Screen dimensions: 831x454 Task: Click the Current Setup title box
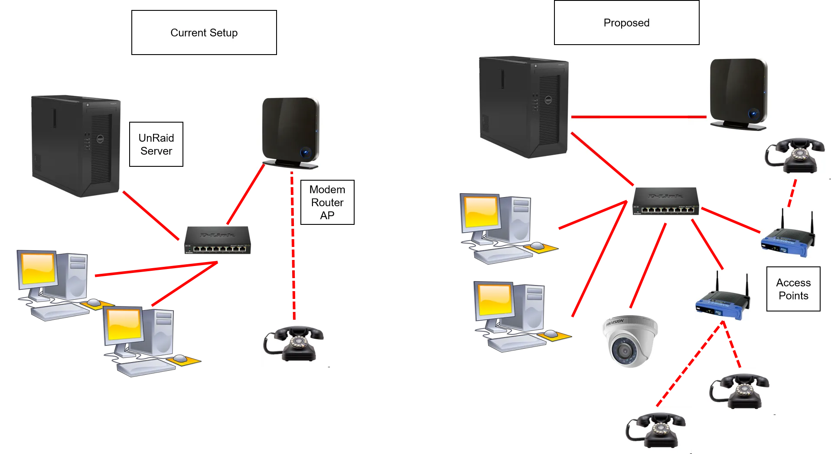(x=204, y=32)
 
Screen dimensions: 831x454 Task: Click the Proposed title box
(x=626, y=23)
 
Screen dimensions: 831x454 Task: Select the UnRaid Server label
(x=156, y=144)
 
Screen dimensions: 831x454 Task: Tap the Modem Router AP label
(x=327, y=202)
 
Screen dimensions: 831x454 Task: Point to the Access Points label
(x=793, y=289)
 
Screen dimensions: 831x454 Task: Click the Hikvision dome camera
(x=630, y=341)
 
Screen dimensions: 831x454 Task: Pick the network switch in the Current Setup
(x=218, y=240)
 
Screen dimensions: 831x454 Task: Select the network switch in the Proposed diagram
(x=665, y=201)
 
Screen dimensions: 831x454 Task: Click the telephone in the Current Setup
(x=293, y=344)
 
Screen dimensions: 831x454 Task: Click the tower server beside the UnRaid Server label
(x=76, y=146)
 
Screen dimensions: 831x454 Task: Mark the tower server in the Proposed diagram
(x=524, y=107)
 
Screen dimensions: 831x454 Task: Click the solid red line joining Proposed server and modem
(x=639, y=117)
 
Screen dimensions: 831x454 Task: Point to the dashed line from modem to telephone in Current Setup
(x=293, y=246)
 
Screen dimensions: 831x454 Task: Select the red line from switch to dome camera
(x=648, y=266)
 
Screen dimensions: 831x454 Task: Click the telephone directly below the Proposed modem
(x=795, y=155)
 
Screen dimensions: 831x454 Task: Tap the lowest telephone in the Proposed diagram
(x=655, y=430)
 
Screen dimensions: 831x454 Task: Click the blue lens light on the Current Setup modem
(x=306, y=152)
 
